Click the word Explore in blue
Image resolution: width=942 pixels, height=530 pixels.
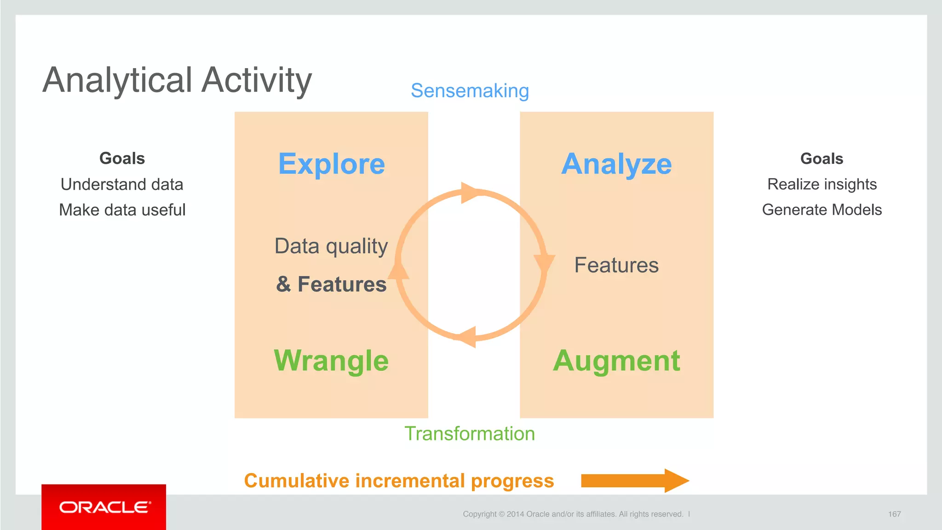[x=331, y=164]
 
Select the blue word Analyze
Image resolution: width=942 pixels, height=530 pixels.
[x=616, y=164]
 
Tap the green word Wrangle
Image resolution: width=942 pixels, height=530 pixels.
[x=331, y=360]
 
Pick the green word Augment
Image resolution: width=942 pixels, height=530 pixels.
[x=616, y=360]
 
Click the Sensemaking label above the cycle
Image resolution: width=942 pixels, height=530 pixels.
[x=470, y=91]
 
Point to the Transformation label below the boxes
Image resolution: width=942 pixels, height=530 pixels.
[x=470, y=434]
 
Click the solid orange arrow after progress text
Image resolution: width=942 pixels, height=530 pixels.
[x=635, y=481]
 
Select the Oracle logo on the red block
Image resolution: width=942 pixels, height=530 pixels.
[x=104, y=507]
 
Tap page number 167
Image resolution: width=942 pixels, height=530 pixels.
[x=894, y=514]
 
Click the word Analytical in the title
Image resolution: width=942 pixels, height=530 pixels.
[x=117, y=81]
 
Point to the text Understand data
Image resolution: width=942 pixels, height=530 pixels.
[x=122, y=184]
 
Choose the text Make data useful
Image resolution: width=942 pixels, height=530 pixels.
[x=122, y=210]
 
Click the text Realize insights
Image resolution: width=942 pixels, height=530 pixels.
[x=822, y=184]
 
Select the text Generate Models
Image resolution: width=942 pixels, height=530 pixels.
[x=822, y=210]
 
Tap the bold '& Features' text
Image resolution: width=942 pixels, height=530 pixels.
[x=331, y=284]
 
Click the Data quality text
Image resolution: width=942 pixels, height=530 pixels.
[x=331, y=246]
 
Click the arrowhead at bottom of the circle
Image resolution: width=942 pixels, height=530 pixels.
[x=467, y=337]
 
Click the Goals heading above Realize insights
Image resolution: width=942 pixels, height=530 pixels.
[x=822, y=159]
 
